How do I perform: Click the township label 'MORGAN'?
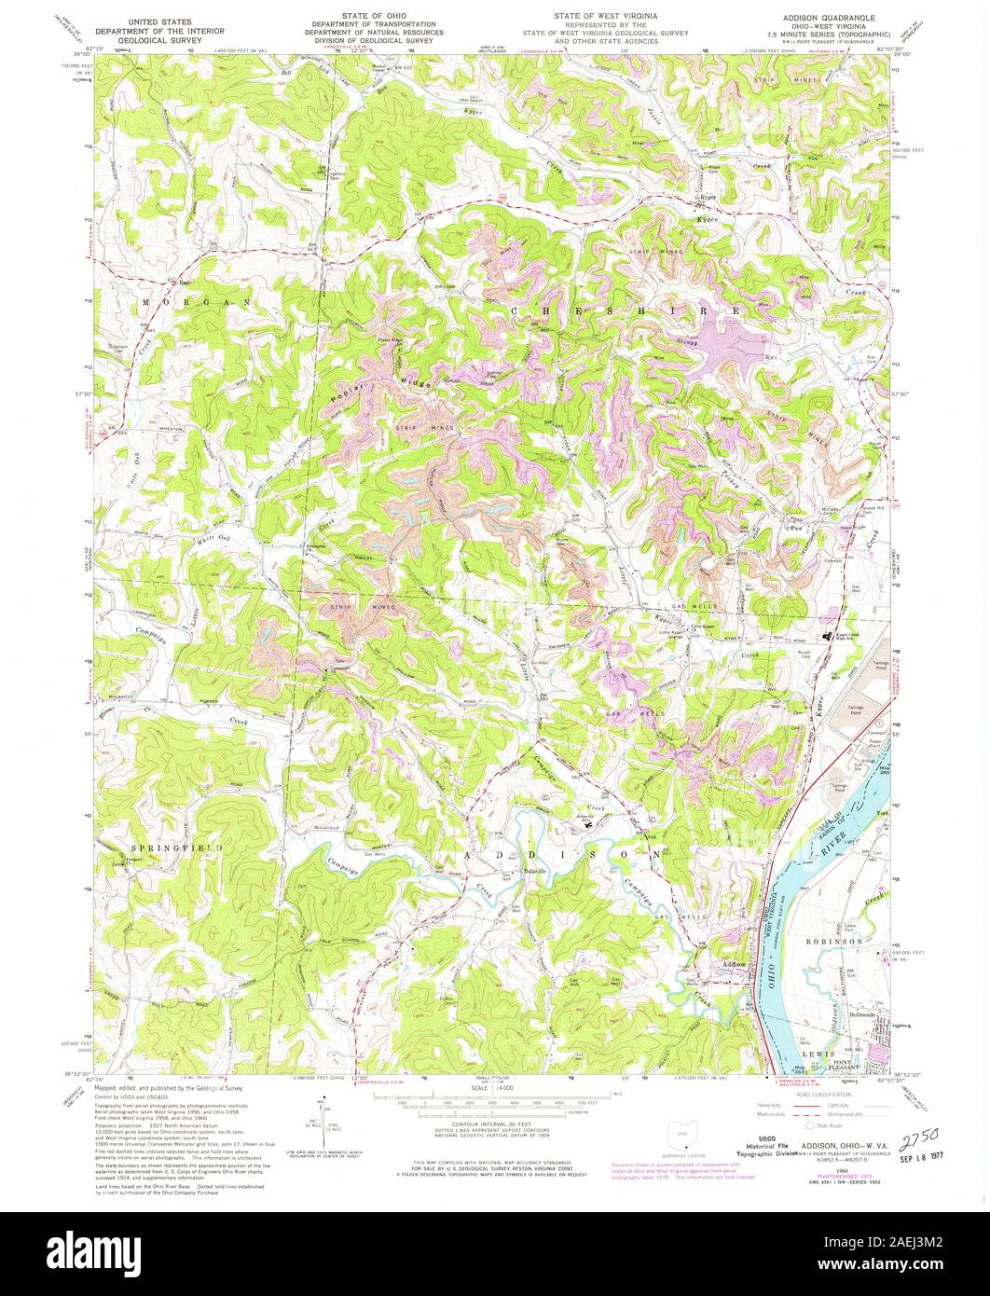(x=198, y=303)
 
